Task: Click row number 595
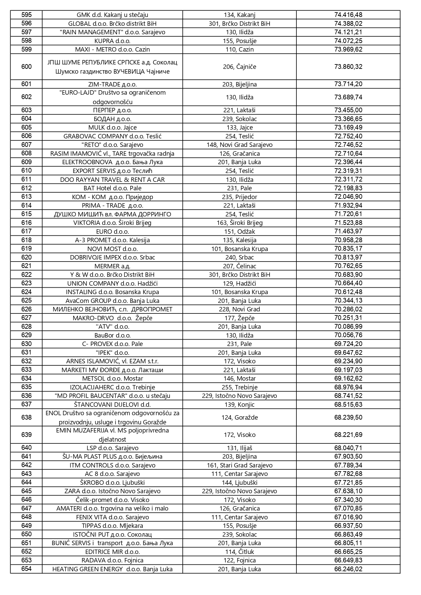[x=26, y=15]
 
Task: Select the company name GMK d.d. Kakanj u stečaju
[x=112, y=15]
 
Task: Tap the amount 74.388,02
[x=348, y=23]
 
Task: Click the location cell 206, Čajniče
[x=239, y=67]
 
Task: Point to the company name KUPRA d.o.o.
[x=112, y=41]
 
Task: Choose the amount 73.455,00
[x=348, y=110]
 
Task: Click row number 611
[x=26, y=179]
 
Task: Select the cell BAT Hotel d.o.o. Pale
[x=112, y=188]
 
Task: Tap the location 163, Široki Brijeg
[x=239, y=223]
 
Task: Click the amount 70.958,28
[x=348, y=240]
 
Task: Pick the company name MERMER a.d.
[x=112, y=266]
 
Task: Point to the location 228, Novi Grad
[x=239, y=309]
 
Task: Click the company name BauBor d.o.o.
[x=112, y=335]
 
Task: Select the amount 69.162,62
[x=348, y=379]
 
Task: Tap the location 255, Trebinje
[x=239, y=387]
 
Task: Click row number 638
[x=26, y=418]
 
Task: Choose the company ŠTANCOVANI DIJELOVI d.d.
[x=112, y=405]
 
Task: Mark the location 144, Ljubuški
[x=239, y=483]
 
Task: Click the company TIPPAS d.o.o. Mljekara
[x=112, y=526]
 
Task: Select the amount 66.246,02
[x=348, y=569]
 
